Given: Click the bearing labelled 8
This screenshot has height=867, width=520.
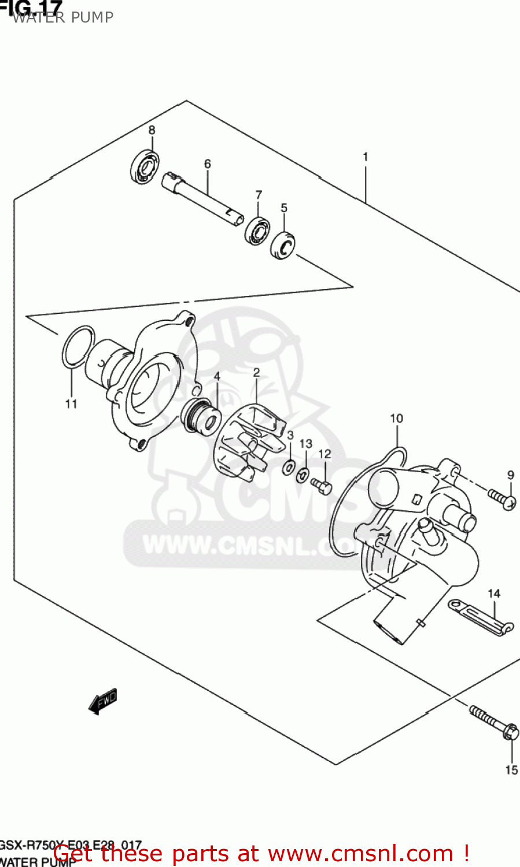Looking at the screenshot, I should coord(145,166).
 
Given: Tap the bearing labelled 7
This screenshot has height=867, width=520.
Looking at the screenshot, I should coord(257,231).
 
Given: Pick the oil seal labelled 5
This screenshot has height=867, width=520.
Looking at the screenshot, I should coord(283,245).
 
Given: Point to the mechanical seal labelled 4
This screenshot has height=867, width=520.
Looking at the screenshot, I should coord(200,416).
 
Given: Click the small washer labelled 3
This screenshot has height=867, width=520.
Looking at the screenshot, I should coord(288,468).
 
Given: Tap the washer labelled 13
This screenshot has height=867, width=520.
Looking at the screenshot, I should coord(303,476).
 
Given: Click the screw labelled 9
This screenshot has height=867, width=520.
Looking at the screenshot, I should coord(501,499).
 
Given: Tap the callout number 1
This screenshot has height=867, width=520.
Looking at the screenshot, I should coord(365,157).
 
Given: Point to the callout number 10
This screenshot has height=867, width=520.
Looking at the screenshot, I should coord(396,418).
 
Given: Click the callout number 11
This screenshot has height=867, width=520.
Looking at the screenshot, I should coord(71,403).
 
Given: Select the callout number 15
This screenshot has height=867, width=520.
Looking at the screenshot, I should coord(511,770).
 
